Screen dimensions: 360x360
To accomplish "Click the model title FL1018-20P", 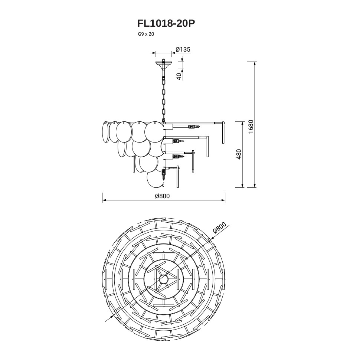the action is (x=166, y=23).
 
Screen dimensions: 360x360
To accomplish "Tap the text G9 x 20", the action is (x=146, y=34).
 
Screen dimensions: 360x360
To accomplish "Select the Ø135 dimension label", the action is (x=183, y=49).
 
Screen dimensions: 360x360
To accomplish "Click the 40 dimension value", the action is (x=179, y=75).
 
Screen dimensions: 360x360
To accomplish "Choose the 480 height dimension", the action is (x=239, y=154).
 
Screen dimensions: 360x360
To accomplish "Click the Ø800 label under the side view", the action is (x=162, y=196).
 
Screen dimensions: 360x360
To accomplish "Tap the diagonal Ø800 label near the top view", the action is (x=219, y=228).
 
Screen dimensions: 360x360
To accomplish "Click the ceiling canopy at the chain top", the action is (x=163, y=63).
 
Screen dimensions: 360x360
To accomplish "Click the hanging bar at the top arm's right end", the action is (x=223, y=133).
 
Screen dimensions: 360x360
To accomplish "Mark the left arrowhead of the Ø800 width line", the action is (x=104, y=200).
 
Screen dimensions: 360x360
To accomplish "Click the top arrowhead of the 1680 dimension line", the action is (x=255, y=63).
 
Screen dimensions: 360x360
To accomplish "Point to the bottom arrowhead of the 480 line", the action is (x=242, y=186).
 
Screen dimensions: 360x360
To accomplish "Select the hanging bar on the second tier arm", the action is (x=207, y=147).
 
